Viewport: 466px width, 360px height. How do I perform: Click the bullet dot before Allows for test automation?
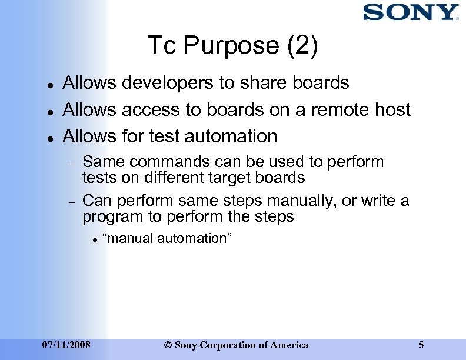(51, 138)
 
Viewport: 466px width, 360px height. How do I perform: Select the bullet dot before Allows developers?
(51, 85)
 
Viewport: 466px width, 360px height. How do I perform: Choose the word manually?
(297, 201)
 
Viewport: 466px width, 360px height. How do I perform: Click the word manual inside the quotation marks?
(126, 238)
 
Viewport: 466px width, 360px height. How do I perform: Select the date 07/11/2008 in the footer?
(66, 345)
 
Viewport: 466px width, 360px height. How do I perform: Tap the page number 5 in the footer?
(421, 345)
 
